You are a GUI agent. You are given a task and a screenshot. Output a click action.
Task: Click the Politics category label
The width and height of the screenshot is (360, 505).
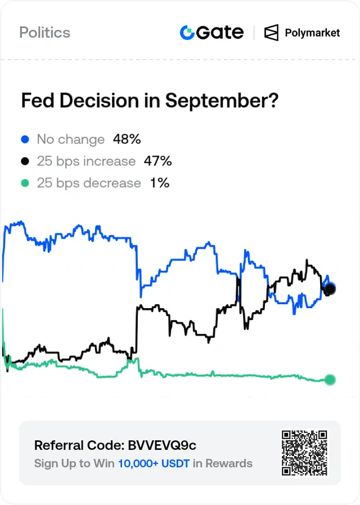[x=45, y=33]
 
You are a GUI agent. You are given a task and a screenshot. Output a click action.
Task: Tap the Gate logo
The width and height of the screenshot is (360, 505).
[x=211, y=33]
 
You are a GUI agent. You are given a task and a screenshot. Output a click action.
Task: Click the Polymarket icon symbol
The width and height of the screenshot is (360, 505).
[x=271, y=33]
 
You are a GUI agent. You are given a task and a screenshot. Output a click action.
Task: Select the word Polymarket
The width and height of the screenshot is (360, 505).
[x=312, y=33]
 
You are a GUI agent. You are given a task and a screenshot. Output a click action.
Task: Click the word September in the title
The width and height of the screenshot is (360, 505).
[x=222, y=101]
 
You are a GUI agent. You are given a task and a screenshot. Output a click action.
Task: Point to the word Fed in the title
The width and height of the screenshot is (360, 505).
[x=37, y=101]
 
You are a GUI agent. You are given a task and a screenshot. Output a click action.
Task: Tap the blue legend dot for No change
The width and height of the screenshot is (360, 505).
[x=25, y=139]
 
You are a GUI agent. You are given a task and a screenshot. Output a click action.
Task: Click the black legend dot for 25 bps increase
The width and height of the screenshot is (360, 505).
[x=25, y=161]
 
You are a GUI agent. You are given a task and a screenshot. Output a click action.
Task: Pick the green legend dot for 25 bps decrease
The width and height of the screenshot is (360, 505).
[x=25, y=183]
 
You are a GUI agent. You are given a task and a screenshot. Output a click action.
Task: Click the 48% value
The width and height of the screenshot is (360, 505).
[x=127, y=139]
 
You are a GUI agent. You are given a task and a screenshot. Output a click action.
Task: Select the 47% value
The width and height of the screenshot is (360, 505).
[x=158, y=161]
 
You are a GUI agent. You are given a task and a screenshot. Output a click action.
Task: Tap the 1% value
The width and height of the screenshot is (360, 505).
[x=160, y=183]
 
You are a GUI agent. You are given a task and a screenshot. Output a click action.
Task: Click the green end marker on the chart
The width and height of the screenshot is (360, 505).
[x=330, y=380]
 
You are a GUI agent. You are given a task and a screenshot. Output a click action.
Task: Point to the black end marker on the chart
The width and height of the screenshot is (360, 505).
[x=330, y=288]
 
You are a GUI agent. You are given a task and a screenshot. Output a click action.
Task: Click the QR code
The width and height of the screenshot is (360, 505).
[x=304, y=453]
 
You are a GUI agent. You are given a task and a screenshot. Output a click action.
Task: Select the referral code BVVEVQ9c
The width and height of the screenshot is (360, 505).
[x=162, y=445]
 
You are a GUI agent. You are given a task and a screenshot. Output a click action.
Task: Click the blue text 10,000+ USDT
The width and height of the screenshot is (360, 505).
[x=154, y=463]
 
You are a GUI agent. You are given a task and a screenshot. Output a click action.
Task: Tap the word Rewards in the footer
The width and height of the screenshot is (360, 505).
[x=229, y=463]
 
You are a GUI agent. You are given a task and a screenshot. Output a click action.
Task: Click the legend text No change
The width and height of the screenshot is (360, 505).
[x=71, y=139]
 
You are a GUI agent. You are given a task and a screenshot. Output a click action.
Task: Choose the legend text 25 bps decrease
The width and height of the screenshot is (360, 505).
[x=89, y=183]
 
